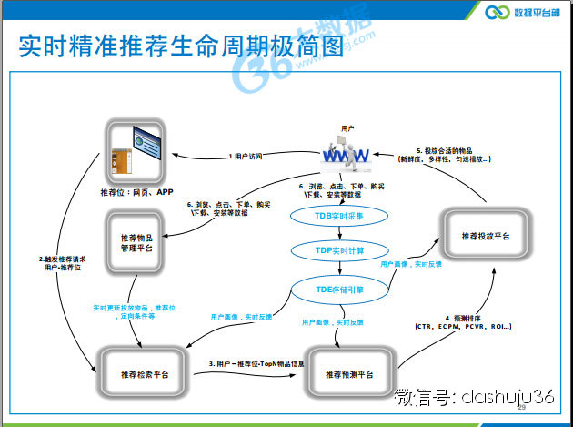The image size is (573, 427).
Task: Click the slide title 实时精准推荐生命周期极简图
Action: [x=182, y=46]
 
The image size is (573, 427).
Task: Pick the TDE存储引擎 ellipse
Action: [x=339, y=290]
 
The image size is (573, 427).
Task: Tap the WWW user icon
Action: [x=347, y=156]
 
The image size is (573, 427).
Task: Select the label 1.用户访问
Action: [x=246, y=157]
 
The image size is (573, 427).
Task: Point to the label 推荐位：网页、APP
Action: [x=136, y=193]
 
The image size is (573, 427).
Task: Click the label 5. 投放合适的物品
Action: [x=446, y=150]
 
